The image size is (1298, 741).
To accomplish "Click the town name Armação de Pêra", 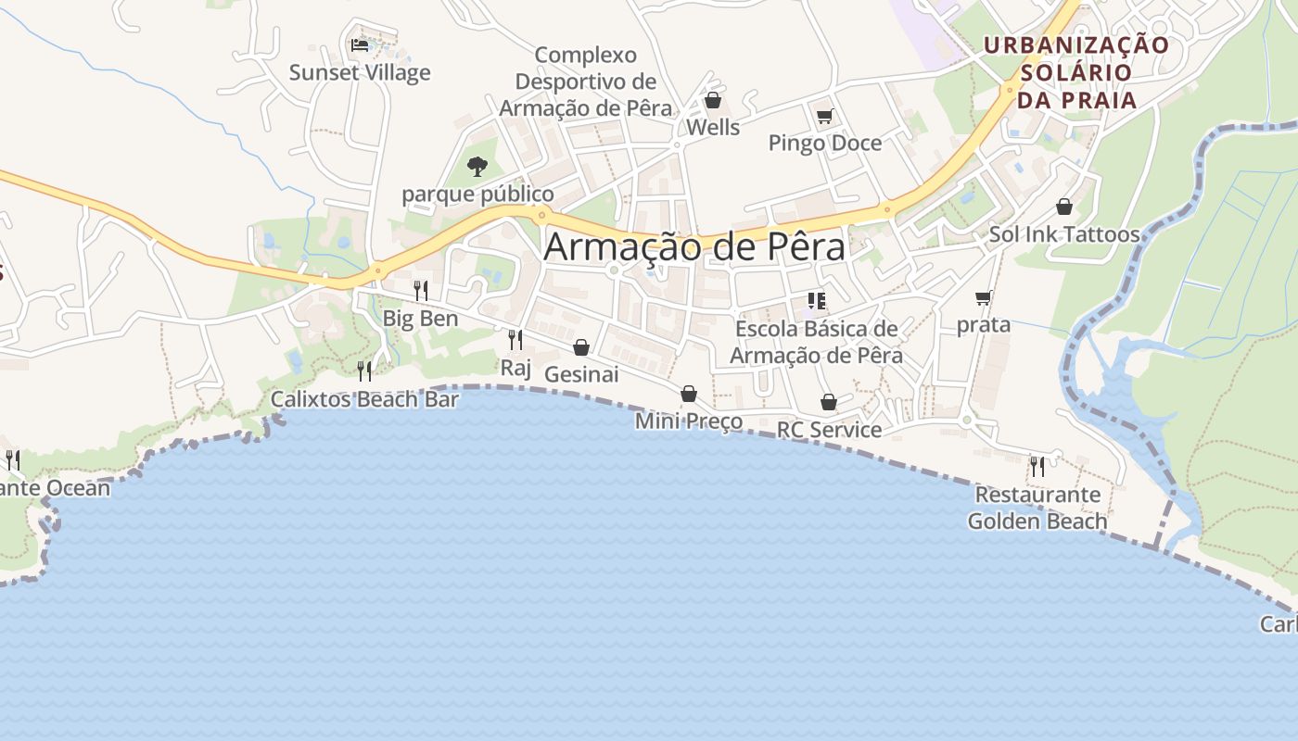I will (x=694, y=247).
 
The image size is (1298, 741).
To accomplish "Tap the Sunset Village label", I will (x=360, y=72).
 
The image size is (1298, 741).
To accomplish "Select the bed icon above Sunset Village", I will (x=360, y=44).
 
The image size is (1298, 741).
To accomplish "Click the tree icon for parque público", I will (x=477, y=167).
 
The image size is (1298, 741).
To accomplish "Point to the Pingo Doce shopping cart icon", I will (x=824, y=117).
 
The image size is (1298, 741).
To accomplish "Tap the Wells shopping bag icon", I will (x=713, y=100).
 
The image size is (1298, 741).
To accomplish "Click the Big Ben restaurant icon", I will (x=421, y=290).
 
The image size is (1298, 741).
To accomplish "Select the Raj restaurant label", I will (x=515, y=368).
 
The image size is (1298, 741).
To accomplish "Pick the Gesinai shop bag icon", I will (x=581, y=347).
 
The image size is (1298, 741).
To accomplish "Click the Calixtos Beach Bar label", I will (x=364, y=399).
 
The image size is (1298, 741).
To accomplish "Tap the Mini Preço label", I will (x=689, y=421).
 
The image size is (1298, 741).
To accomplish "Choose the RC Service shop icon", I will (x=829, y=402).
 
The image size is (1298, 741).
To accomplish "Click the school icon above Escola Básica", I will (x=816, y=300).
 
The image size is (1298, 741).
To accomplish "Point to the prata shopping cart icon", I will (x=983, y=298).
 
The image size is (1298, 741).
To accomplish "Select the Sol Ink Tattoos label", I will (x=1064, y=234).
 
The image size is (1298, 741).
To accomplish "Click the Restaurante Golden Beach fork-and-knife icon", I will (x=1037, y=466).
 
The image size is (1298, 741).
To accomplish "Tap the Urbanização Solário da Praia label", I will (x=1076, y=72).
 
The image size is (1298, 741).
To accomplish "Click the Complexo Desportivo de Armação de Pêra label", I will (x=586, y=82).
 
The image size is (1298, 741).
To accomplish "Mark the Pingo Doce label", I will (x=825, y=143).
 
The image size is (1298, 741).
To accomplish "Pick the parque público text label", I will (x=477, y=194).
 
